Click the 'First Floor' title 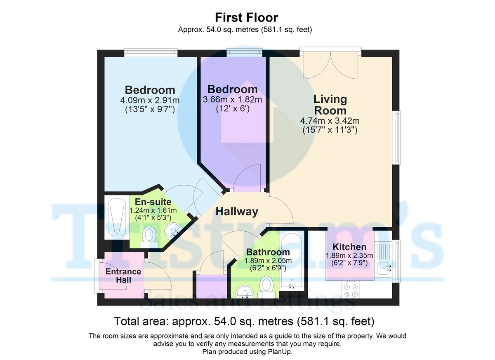pos(246,17)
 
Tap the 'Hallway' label pos(237,212)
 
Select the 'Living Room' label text pos(330,105)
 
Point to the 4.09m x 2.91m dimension pos(150,100)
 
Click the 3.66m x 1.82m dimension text pos(233,100)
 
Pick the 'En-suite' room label pos(153,202)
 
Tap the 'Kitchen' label pos(349,247)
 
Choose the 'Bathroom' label pos(268,252)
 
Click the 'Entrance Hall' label pos(123,275)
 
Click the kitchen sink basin pos(383,268)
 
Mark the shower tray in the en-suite pos(117,217)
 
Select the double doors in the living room pos(330,66)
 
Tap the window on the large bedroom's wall pos(151,52)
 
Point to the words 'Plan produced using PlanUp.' pos(247,352)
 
